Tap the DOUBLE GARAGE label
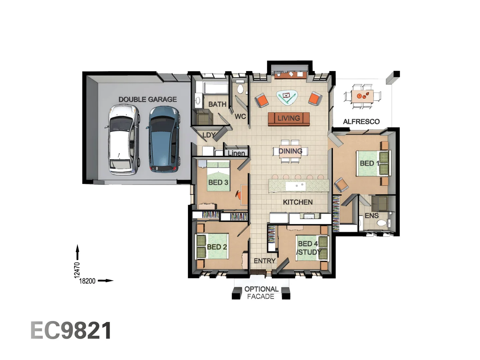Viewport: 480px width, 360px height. (148, 99)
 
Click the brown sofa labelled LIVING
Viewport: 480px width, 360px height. (289, 118)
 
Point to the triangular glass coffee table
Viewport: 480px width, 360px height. (286, 97)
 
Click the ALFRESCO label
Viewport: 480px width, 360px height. (361, 122)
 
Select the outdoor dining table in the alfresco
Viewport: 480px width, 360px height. (362, 96)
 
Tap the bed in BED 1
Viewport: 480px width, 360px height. (373, 163)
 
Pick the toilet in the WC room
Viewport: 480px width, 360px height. (240, 89)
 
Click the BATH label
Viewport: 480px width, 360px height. (217, 104)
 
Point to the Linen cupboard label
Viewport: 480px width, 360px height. (236, 153)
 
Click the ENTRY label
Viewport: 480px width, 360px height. (265, 261)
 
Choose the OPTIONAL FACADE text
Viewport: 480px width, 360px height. (261, 293)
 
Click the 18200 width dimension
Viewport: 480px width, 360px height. (87, 281)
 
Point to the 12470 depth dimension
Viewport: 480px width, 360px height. (77, 270)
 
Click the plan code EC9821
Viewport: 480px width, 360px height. (71, 331)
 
